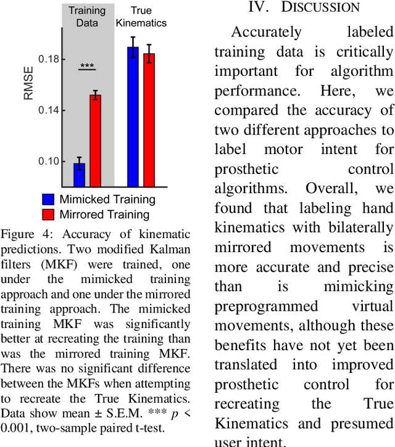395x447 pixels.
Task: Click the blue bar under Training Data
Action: point(79,174)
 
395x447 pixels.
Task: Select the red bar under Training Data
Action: point(95,141)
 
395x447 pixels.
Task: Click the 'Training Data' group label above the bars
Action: point(86,17)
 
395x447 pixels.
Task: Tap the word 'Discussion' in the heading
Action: point(320,7)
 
